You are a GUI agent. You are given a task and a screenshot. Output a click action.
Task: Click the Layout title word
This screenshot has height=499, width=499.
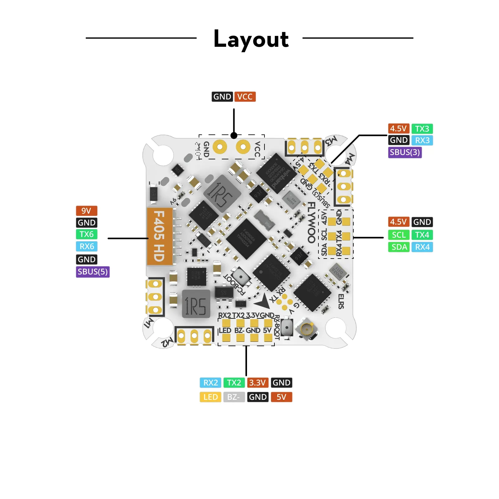[x=251, y=39]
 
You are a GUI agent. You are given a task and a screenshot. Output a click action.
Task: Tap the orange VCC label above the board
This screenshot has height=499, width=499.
[x=245, y=97]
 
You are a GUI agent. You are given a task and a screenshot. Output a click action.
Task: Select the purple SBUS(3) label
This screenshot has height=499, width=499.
[x=405, y=152]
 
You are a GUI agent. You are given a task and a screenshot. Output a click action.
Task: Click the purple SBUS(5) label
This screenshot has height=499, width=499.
[x=93, y=272]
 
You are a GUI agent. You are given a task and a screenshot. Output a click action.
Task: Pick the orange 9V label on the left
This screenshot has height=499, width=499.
[x=86, y=211]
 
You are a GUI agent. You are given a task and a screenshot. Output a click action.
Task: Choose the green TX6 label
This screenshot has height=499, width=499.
[x=86, y=234]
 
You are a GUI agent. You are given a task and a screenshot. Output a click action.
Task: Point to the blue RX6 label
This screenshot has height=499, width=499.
[x=87, y=246]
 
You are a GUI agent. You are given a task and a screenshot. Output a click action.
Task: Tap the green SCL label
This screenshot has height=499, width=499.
[x=399, y=235]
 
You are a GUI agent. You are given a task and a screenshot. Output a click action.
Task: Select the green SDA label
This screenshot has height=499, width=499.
[x=399, y=247]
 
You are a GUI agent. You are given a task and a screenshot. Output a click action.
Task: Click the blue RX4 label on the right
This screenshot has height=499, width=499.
[x=422, y=247]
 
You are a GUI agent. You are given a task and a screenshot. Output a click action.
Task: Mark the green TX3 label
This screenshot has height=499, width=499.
[x=422, y=128]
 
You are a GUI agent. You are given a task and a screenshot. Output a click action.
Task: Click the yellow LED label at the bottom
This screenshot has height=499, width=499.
[x=211, y=397]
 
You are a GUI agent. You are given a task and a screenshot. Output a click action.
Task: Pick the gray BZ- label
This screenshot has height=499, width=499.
[x=234, y=397]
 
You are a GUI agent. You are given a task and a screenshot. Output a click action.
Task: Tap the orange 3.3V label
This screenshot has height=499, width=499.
[x=257, y=383]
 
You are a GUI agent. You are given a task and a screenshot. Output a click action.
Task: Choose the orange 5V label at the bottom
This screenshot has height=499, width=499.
[x=281, y=397]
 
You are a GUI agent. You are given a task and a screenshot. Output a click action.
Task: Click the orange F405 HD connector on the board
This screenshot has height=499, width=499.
[x=159, y=236]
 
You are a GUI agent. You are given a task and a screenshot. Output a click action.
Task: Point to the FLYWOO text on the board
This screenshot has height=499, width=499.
[x=311, y=222]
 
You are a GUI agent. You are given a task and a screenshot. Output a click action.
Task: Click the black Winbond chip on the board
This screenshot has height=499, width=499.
[x=276, y=173]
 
